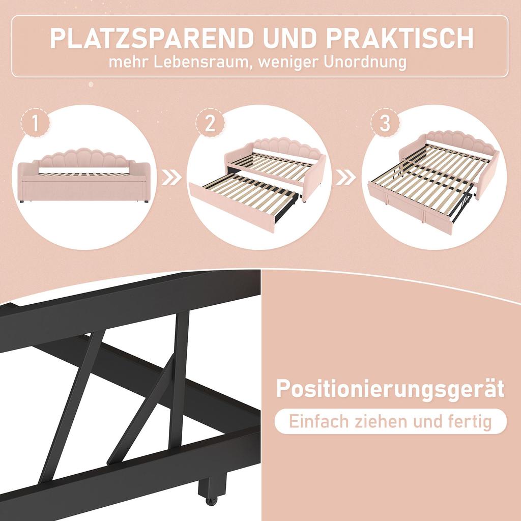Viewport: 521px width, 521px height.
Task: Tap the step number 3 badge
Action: (385, 124)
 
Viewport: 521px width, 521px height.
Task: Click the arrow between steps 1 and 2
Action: (170, 178)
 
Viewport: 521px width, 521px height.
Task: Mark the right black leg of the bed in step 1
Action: (147, 201)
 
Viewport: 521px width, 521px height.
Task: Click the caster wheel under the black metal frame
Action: (211, 501)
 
